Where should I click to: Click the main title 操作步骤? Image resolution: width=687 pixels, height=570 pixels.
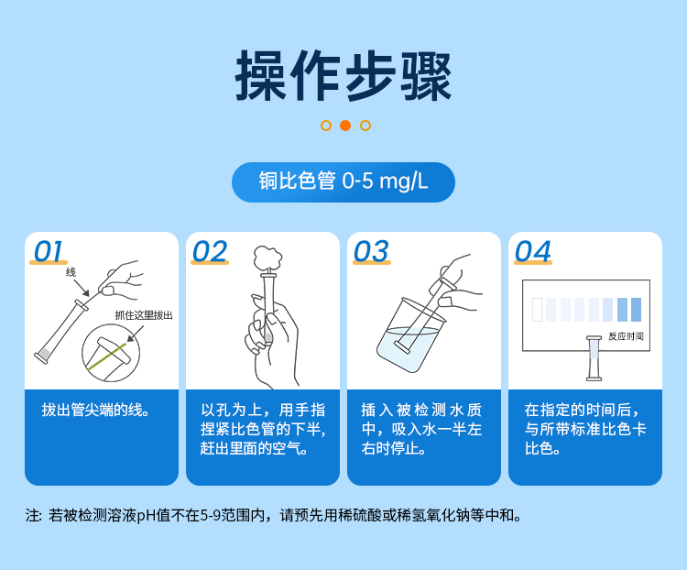pyautogui.click(x=343, y=76)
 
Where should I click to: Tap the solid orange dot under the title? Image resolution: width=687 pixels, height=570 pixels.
pyautogui.click(x=345, y=126)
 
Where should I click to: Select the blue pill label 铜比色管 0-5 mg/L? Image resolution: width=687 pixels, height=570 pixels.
pyautogui.click(x=343, y=181)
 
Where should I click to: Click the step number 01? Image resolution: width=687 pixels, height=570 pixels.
pyautogui.click(x=49, y=251)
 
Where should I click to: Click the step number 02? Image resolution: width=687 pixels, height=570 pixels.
pyautogui.click(x=210, y=251)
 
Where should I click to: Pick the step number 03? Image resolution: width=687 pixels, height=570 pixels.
pyautogui.click(x=371, y=251)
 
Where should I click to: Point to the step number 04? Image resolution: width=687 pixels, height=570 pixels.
pyautogui.click(x=533, y=251)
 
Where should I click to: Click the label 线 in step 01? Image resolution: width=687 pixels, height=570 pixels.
pyautogui.click(x=71, y=272)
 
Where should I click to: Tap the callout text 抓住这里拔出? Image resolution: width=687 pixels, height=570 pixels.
pyautogui.click(x=143, y=315)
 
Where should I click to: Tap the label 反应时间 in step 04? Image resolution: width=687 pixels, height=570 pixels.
pyautogui.click(x=626, y=336)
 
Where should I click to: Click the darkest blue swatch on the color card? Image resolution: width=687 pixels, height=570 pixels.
pyautogui.click(x=636, y=310)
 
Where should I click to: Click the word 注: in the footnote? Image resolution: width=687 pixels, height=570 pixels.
pyautogui.click(x=34, y=516)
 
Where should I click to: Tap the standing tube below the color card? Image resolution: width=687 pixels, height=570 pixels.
pyautogui.click(x=594, y=358)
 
